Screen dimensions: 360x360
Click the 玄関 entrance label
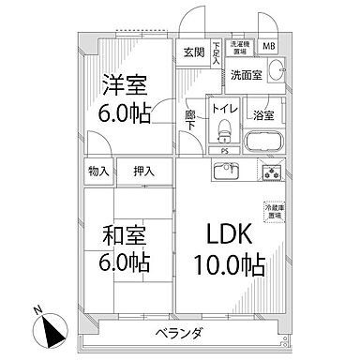(x=192, y=52)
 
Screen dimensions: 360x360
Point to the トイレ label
(x=222, y=108)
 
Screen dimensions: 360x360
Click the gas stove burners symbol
(x=272, y=172)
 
